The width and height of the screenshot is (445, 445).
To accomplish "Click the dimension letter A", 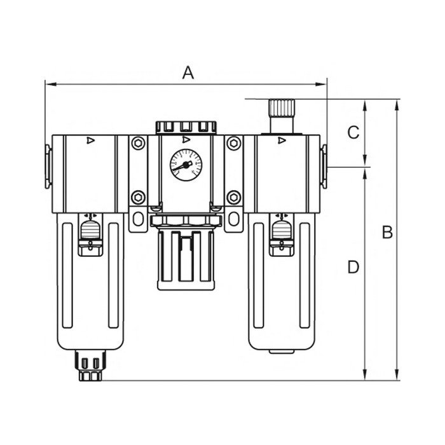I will click(188, 72).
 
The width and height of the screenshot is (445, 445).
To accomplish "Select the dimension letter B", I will click(387, 233).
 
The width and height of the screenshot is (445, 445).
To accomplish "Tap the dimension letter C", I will click(354, 133).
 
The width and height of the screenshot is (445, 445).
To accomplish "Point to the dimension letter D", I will click(353, 267).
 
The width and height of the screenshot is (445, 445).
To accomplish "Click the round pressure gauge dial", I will click(186, 165).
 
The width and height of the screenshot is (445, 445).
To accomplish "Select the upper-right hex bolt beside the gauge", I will click(233, 144).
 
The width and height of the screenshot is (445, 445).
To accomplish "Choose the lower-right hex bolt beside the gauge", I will click(233, 196).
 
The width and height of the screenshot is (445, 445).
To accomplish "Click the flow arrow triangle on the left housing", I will click(90, 140).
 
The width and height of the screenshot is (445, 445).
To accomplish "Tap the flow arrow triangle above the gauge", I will click(186, 140).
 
